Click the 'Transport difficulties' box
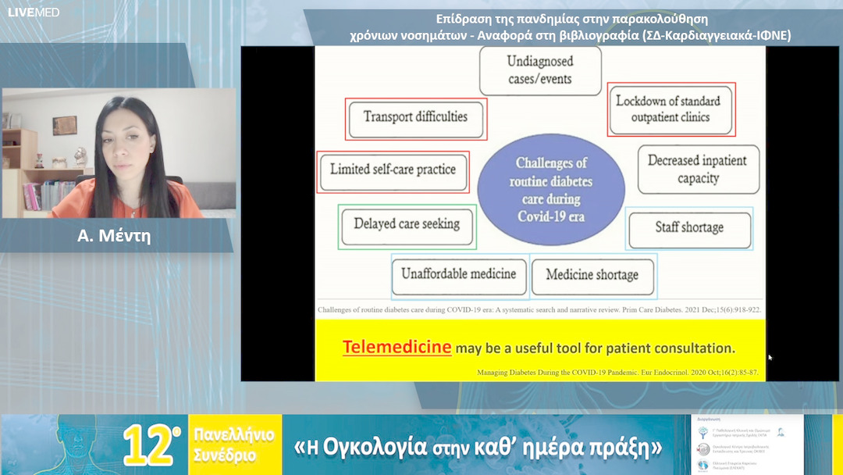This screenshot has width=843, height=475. [415, 118]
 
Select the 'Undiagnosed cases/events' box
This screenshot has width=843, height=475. [539, 70]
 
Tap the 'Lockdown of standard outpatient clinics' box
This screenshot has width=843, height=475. [671, 109]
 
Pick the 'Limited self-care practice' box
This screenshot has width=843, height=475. [393, 170]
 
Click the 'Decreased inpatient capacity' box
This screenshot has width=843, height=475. [697, 170]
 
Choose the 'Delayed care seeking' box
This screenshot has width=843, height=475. [407, 224]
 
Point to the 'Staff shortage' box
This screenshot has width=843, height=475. [688, 228]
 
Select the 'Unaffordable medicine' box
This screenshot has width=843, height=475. [459, 275]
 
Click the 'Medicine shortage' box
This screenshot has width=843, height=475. [592, 276]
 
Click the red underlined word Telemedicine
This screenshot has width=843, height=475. [397, 348]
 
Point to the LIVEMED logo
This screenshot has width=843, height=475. [33, 12]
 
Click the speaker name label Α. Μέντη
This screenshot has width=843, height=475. [114, 236]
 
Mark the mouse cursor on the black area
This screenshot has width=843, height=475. [770, 357]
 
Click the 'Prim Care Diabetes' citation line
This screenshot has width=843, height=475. [539, 310]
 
